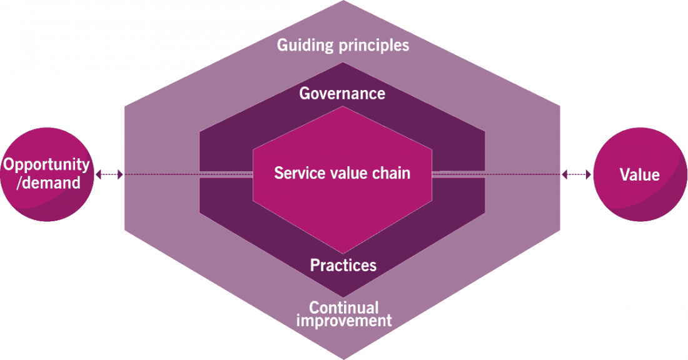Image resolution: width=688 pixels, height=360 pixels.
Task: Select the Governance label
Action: coord(342,94)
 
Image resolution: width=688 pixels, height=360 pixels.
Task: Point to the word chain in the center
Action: coord(392,173)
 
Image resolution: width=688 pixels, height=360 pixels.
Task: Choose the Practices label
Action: coord(343,265)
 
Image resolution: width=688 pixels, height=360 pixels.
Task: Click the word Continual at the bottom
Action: coord(344,307)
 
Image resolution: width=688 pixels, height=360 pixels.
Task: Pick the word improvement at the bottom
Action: coord(344,321)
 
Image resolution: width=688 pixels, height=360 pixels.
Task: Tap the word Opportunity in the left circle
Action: coord(47,165)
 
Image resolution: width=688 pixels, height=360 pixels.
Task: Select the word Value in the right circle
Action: coord(639,174)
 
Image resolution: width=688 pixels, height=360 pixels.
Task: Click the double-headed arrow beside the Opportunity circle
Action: coord(109,174)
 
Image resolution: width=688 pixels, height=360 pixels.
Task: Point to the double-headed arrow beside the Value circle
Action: coord(577,174)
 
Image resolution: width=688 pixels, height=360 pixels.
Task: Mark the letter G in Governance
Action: coord(305,94)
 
